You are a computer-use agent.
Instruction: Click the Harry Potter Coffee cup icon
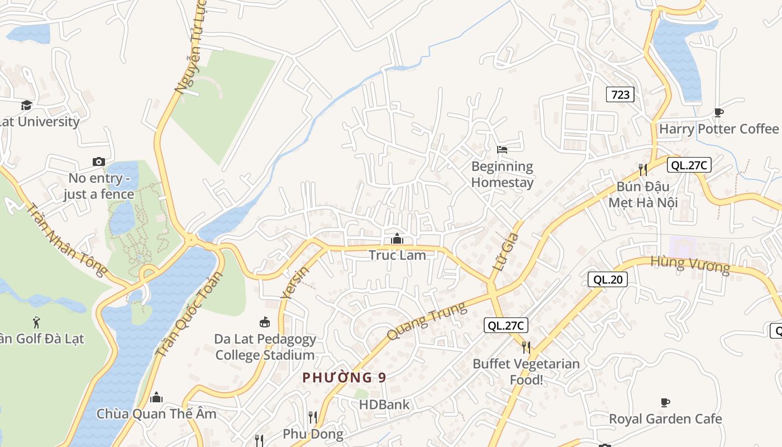pos(719,112)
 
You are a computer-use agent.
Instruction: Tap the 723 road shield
pos(620,94)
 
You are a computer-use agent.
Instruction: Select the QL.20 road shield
pos(608,279)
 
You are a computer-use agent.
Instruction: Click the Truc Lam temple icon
pos(397,239)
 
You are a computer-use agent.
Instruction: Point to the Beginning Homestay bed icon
pos(502,150)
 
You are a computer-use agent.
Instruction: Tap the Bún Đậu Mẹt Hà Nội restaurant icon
pos(643,169)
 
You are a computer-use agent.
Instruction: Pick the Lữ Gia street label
pos(506,252)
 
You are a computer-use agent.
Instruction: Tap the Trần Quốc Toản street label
pos(189,314)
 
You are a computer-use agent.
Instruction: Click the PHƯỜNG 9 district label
pos(344,378)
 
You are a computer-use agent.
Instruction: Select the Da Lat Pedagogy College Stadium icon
pos(265,322)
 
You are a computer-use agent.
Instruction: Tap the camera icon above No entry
pos(99,161)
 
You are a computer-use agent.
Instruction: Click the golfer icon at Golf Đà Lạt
pos(37,322)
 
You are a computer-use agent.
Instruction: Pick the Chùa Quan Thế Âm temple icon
pos(156,397)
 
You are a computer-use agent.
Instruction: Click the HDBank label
pos(384,405)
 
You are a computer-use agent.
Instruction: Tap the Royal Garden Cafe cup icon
pos(665,402)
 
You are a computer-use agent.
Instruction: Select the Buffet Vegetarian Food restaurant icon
pos(526,348)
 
